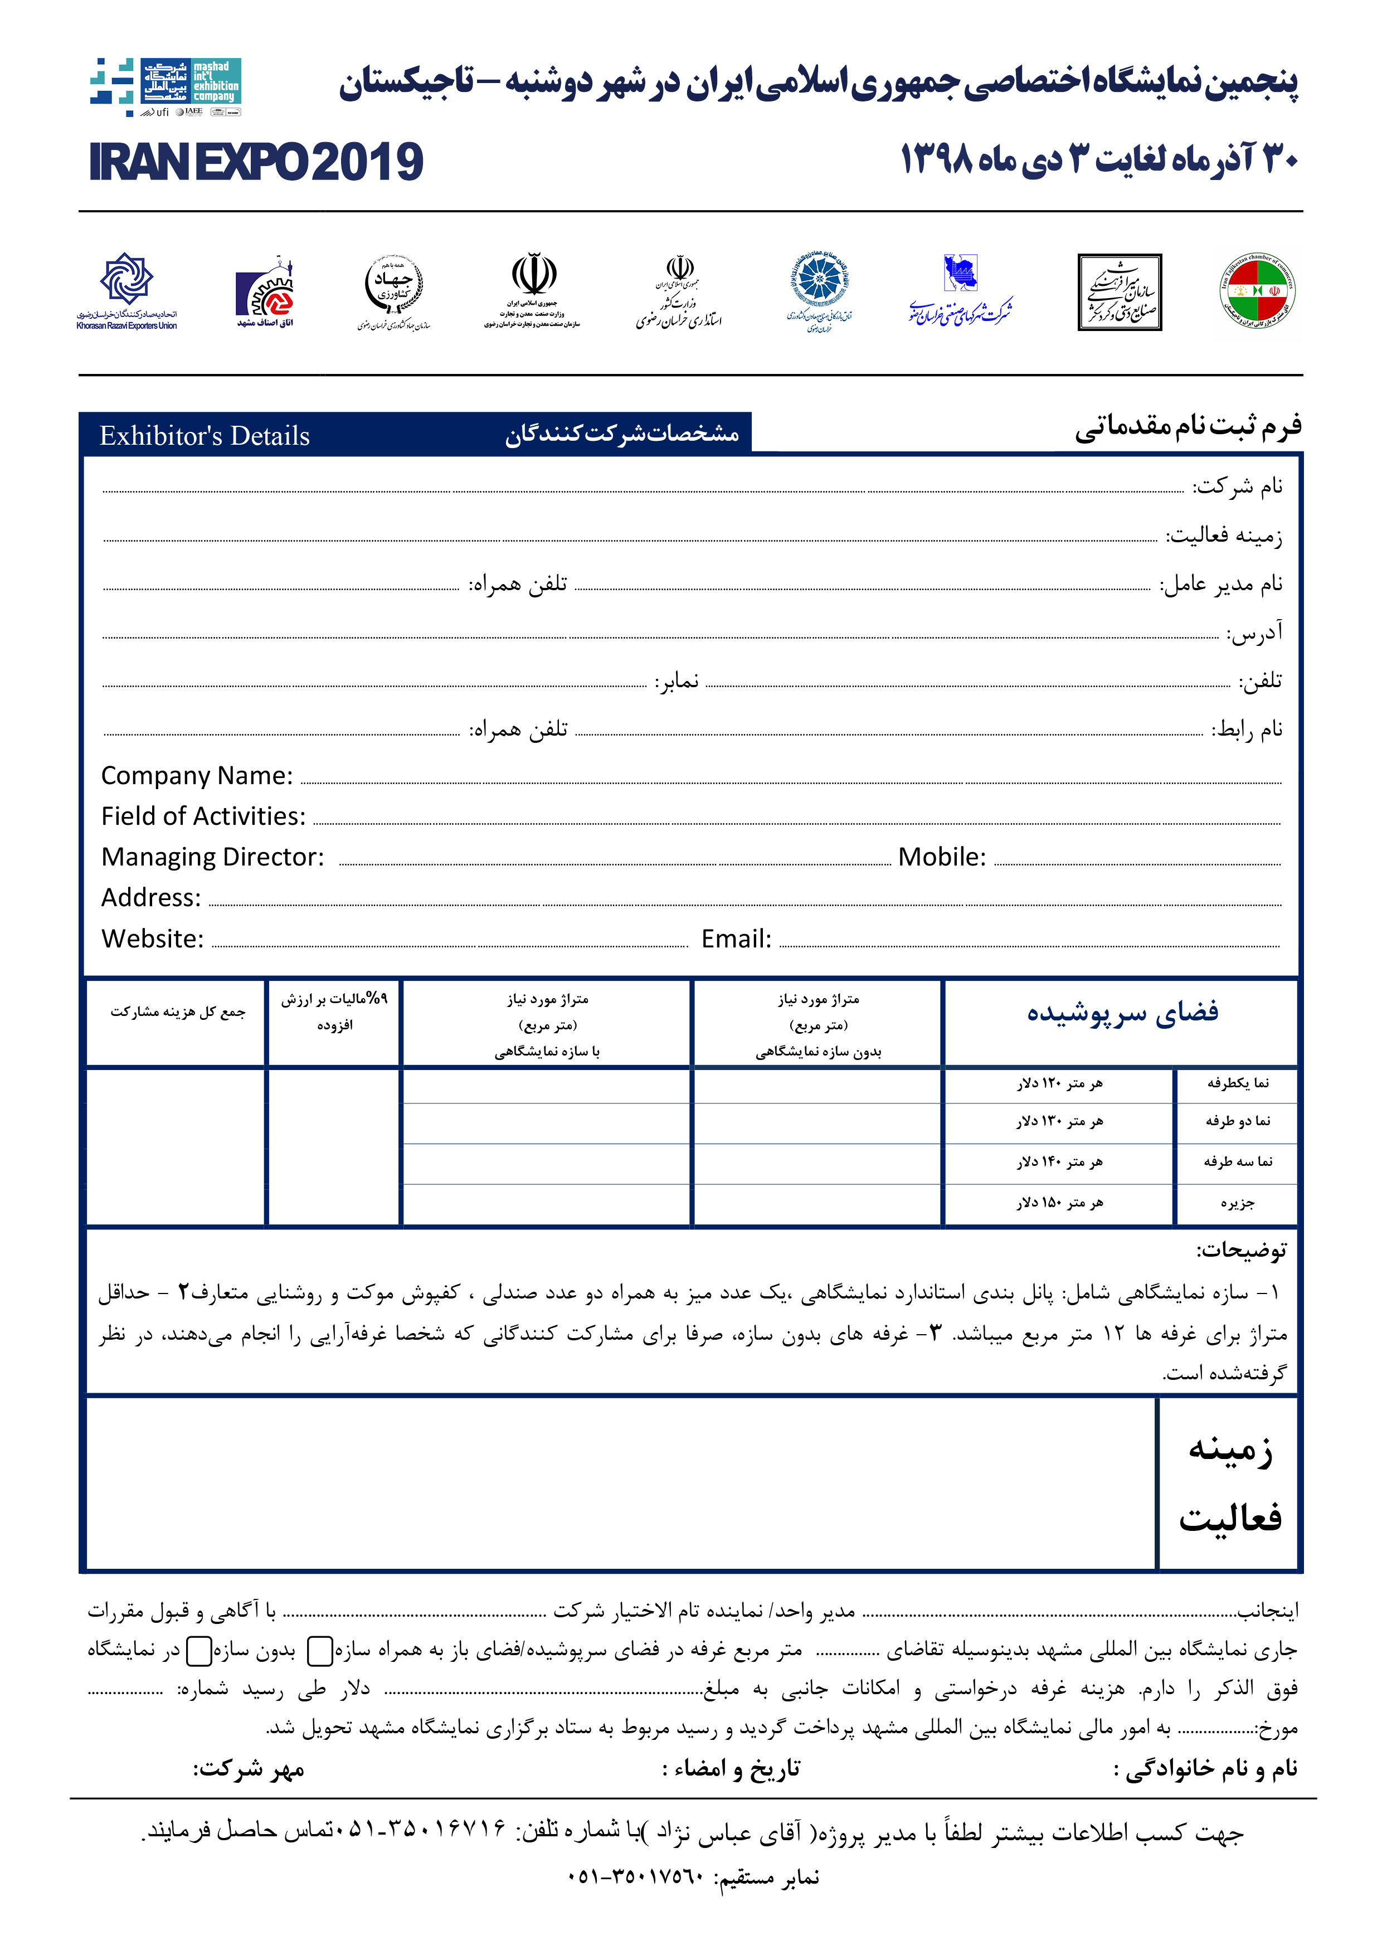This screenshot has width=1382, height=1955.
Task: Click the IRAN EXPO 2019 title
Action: (x=255, y=162)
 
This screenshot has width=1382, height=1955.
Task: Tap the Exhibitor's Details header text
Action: (x=205, y=436)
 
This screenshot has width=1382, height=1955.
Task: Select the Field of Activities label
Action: (x=203, y=816)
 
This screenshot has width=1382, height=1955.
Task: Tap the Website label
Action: (x=153, y=939)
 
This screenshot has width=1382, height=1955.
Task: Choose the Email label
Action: (x=736, y=939)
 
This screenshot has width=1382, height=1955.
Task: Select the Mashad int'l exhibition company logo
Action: (x=167, y=86)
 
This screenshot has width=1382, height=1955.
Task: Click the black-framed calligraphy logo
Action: (x=1119, y=292)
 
